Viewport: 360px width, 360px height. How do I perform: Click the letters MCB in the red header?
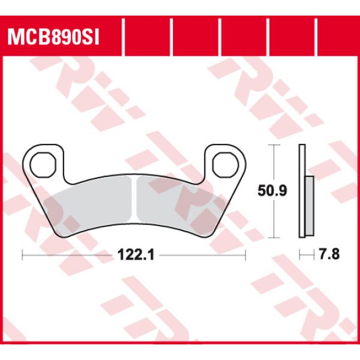point(26,38)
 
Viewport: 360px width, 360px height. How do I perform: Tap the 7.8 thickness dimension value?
point(331,255)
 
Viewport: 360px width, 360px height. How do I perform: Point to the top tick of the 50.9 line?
point(274,146)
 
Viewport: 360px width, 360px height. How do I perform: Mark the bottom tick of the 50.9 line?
point(274,238)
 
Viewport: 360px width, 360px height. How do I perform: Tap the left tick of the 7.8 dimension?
point(301,255)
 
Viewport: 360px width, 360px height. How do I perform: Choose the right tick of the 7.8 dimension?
point(314,255)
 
